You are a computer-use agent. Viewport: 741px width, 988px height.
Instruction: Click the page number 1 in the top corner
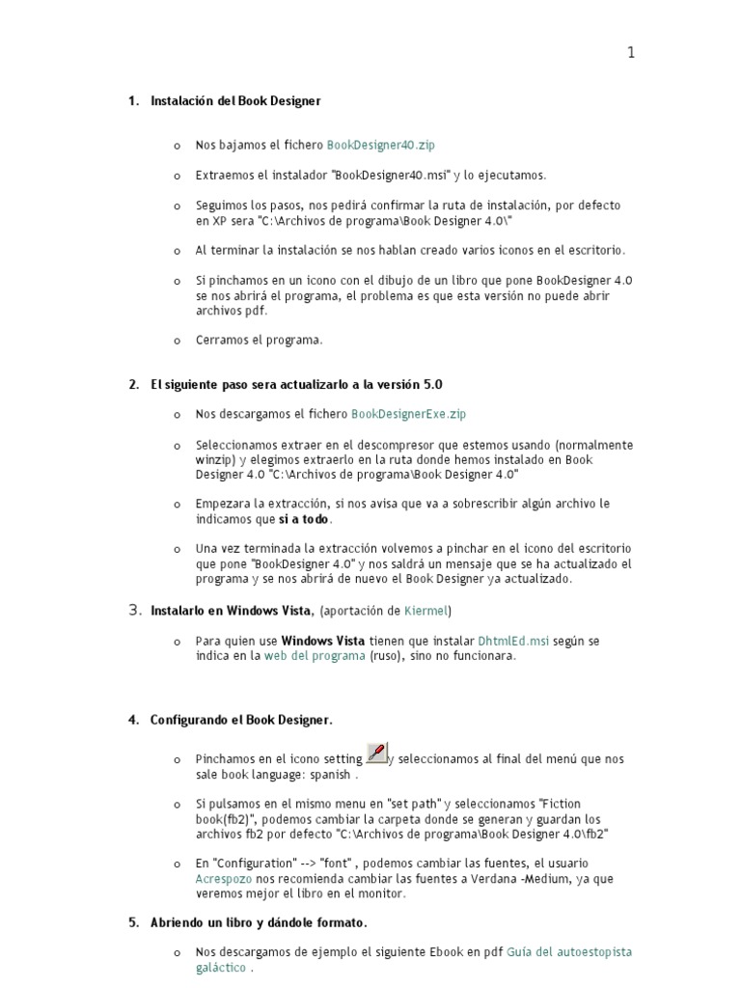(631, 53)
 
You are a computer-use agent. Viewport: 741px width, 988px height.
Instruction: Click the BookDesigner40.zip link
(381, 145)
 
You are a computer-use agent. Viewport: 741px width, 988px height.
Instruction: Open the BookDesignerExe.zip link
(409, 414)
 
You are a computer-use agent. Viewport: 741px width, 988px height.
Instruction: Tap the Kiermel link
(425, 611)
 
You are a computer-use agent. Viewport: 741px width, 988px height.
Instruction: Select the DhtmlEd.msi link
(513, 641)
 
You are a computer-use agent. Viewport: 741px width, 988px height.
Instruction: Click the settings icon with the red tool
(377, 753)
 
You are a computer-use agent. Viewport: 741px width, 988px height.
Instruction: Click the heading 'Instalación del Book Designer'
(235, 100)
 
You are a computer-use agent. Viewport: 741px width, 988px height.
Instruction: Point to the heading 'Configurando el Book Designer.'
(241, 720)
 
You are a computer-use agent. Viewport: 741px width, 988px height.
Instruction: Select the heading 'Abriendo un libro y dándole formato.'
(259, 922)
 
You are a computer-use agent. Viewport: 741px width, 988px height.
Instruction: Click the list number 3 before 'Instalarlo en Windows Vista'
(135, 610)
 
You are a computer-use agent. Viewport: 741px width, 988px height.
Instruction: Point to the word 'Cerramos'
(222, 340)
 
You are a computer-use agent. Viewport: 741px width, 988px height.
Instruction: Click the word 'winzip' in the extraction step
(214, 460)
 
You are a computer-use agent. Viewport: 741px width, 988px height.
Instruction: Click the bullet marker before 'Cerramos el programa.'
(177, 341)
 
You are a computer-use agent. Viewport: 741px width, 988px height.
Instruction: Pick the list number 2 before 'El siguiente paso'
(133, 384)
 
